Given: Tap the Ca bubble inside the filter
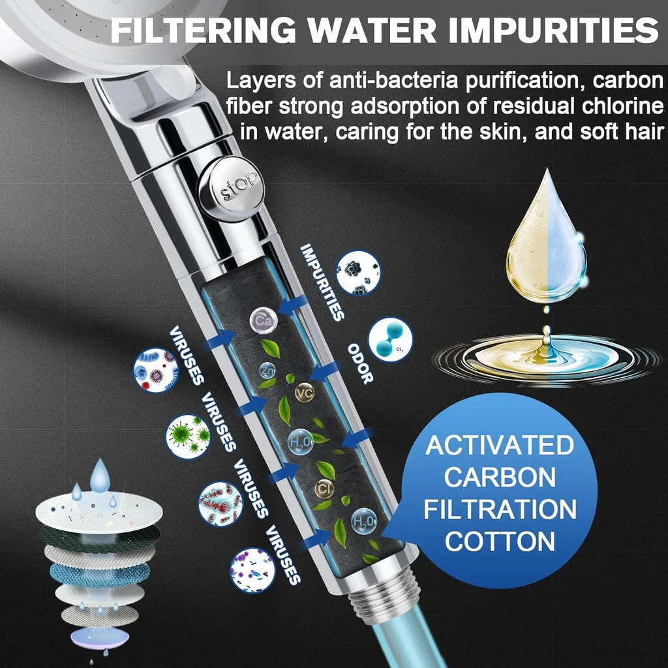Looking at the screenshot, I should pos(263,320).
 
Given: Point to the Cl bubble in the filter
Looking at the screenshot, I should pos(324,488).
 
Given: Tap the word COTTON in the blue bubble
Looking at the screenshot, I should pos(500,541).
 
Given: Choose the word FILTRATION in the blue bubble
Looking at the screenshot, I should pos(500,509).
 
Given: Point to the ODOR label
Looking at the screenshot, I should pos(359,363).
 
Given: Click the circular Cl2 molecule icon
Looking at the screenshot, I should pos(390,339).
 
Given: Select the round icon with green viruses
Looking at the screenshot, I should pos(188,436).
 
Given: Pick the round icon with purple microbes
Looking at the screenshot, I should pos(252,570).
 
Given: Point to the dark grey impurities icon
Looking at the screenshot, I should pos(358,273).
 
